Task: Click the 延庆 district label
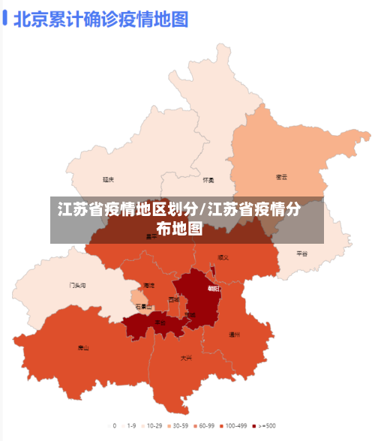(109, 180)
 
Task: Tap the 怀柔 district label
(208, 180)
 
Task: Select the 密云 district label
(282, 177)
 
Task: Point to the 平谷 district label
(302, 253)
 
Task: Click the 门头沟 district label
(77, 285)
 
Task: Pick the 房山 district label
(83, 347)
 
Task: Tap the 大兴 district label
(186, 358)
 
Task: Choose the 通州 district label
(234, 334)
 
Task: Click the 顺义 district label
(223, 257)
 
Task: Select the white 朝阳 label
(214, 288)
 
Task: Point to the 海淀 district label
(148, 286)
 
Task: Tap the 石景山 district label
(143, 306)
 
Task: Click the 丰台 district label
(160, 322)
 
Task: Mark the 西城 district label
(174, 299)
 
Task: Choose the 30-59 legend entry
(177, 425)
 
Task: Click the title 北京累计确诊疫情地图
(100, 18)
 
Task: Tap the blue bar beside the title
(5, 18)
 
